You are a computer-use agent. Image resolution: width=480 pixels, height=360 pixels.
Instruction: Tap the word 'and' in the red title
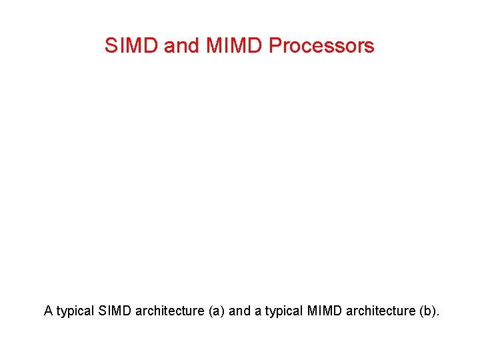tap(180, 46)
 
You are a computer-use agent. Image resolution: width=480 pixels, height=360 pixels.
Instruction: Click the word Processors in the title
tap(321, 46)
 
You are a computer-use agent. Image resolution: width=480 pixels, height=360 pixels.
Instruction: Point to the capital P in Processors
tap(274, 46)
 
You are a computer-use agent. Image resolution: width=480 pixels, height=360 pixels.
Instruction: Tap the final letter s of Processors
tap(370, 48)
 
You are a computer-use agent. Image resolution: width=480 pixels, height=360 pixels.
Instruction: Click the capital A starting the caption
tap(48, 311)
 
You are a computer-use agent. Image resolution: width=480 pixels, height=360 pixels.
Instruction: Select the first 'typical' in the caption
tap(75, 311)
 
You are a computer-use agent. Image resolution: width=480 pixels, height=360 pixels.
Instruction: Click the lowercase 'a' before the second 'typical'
tap(255, 311)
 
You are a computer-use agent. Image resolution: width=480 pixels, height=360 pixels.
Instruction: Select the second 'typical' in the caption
tap(281, 311)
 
